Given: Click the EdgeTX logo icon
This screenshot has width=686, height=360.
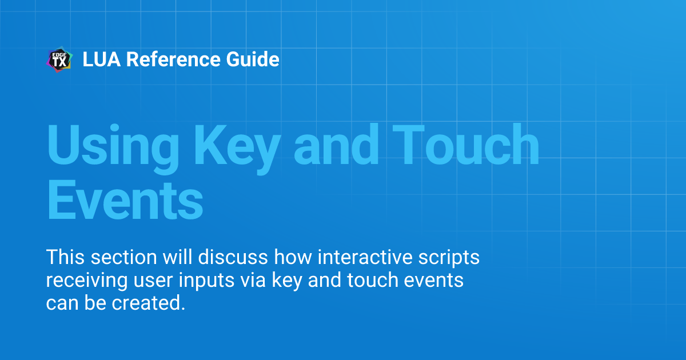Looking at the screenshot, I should pyautogui.click(x=59, y=59).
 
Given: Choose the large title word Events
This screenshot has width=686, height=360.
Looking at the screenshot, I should pyautogui.click(x=125, y=199).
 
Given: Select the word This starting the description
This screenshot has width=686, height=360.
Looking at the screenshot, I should pyautogui.click(x=65, y=257).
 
